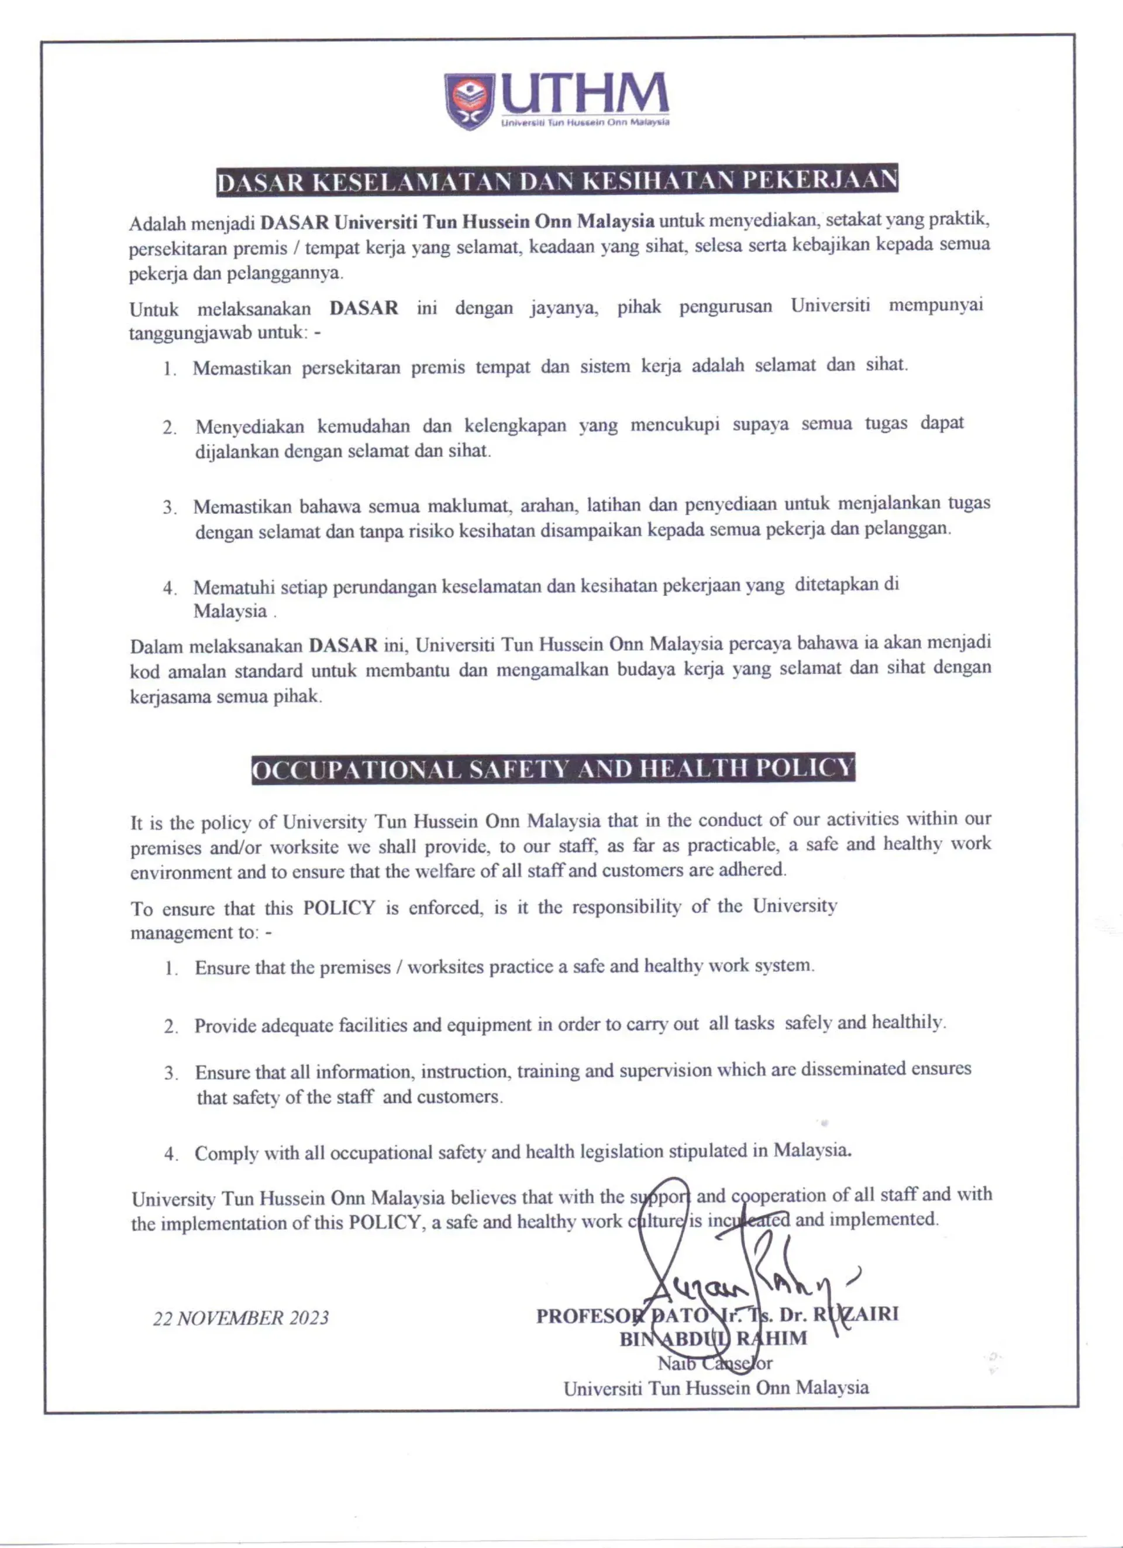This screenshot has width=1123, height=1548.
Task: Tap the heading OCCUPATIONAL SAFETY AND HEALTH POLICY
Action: pyautogui.click(x=553, y=769)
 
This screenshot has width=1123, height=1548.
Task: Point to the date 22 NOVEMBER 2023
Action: pyautogui.click(x=240, y=1318)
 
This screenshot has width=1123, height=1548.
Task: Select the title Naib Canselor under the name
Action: pyautogui.click(x=715, y=1363)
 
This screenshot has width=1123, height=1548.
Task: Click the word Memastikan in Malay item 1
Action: pyautogui.click(x=242, y=369)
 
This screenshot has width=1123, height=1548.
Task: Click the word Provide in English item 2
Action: pyautogui.click(x=225, y=1027)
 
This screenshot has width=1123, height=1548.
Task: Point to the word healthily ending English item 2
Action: pyautogui.click(x=907, y=1023)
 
